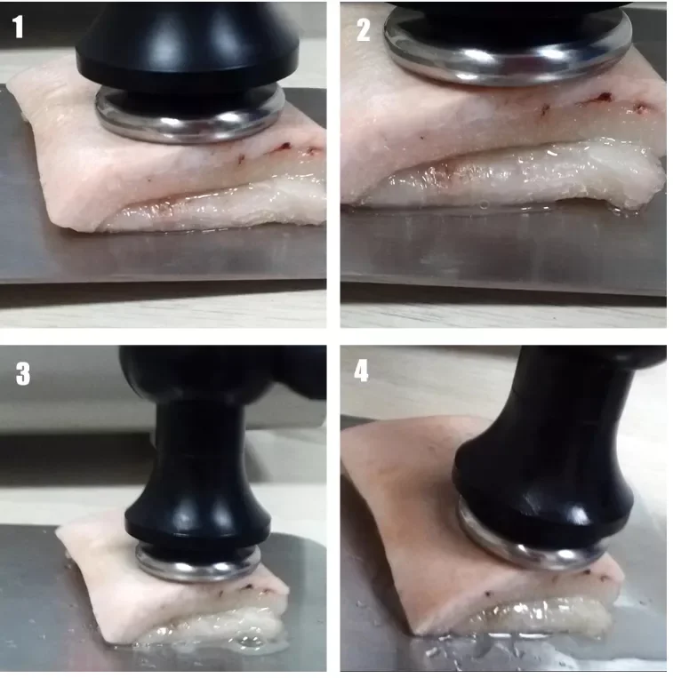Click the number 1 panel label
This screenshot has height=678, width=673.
click(17, 27)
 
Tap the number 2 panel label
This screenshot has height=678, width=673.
click(364, 29)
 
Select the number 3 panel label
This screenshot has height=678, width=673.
click(23, 373)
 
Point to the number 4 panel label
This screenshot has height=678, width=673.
click(361, 371)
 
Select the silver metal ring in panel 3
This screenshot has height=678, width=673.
click(198, 570)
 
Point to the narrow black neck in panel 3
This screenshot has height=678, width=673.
click(198, 436)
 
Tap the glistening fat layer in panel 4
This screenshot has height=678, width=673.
click(541, 614)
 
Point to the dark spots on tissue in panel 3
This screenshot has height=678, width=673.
click(242, 589)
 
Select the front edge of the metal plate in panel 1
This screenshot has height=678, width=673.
click(164, 282)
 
